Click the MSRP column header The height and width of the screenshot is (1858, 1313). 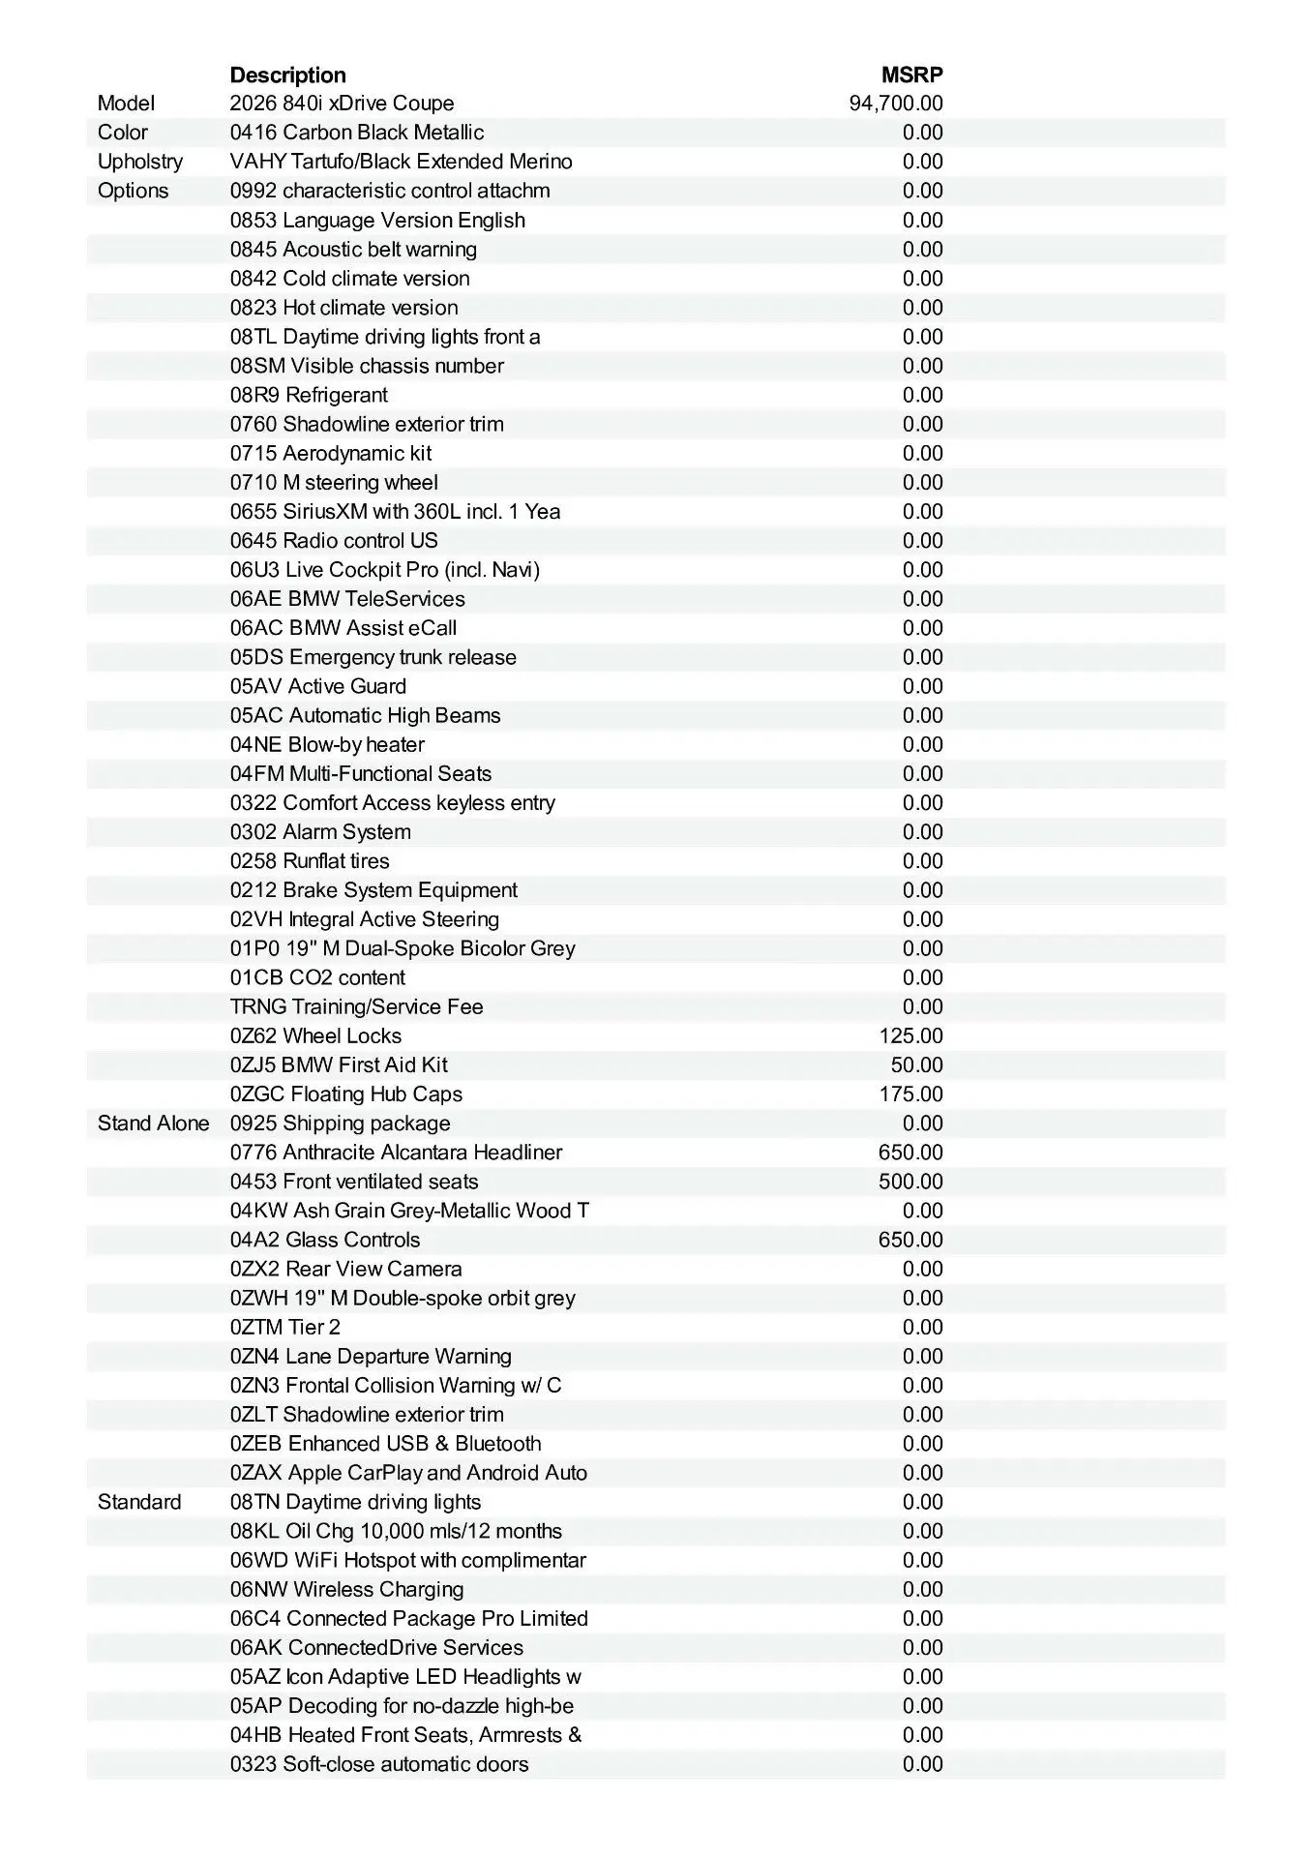point(911,75)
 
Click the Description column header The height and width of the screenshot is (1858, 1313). point(287,75)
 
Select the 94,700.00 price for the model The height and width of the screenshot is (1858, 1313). point(896,104)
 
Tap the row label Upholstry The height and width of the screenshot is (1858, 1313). point(139,162)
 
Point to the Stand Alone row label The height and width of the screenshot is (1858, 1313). point(153,1124)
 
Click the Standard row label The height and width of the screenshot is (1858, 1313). point(139,1502)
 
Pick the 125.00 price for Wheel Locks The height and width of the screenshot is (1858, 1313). point(910,1036)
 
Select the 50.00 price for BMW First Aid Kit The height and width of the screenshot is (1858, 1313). point(916,1065)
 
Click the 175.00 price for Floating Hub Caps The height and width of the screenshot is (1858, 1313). point(910,1094)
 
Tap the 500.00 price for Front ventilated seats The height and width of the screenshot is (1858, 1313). point(910,1182)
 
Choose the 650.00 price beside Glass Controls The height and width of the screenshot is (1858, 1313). point(910,1240)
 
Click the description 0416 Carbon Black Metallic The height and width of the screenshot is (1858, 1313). point(357,133)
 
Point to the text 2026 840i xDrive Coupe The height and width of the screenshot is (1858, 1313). point(342,104)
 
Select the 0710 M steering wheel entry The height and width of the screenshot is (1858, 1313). point(334,483)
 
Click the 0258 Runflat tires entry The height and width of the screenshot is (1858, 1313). point(310,861)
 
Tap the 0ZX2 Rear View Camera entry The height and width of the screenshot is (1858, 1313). point(345,1269)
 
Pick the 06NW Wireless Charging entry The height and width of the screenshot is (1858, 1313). point(346,1589)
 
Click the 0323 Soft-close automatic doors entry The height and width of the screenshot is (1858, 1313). point(379,1764)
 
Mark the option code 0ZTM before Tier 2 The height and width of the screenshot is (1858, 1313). point(255,1328)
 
